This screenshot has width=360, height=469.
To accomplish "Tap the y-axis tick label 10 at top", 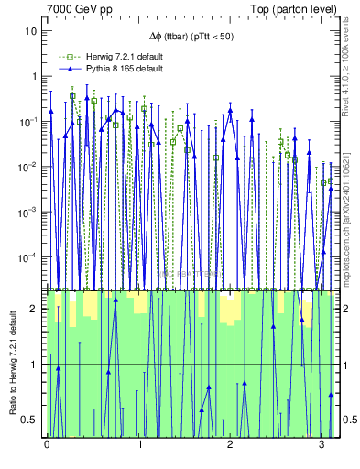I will tap(31, 31).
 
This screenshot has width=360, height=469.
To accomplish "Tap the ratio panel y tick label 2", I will tap(35, 309).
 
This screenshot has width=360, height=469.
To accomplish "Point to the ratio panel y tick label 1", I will tap(35, 365).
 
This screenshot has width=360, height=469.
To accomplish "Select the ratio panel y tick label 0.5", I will tap(31, 420).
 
